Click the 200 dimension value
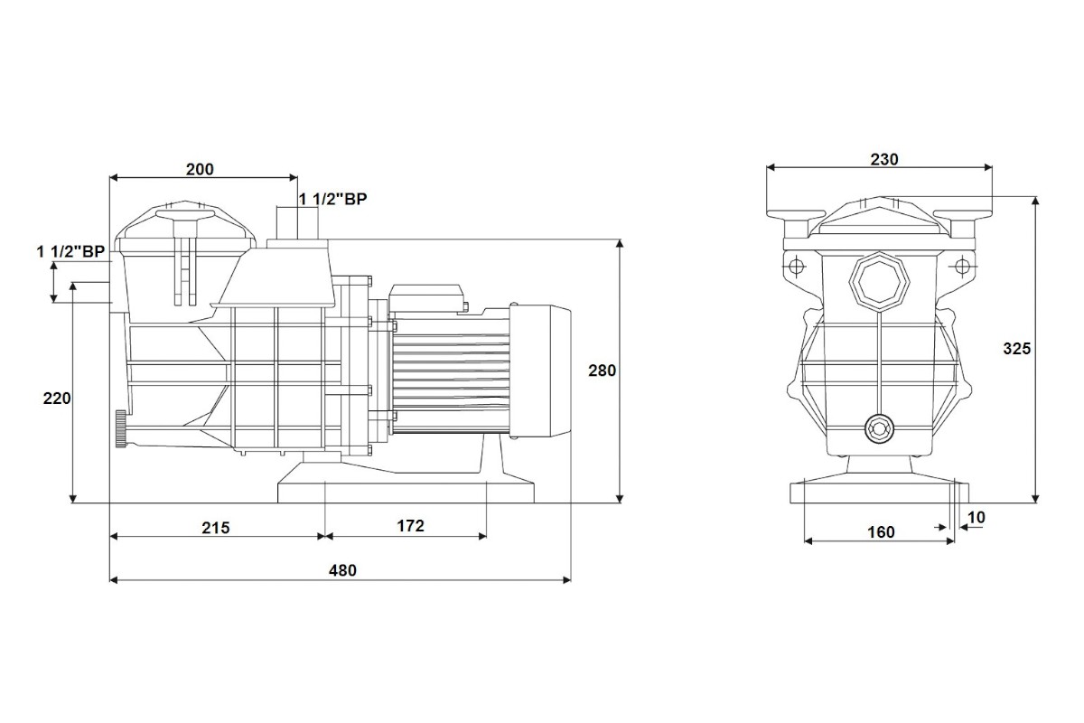pyautogui.click(x=200, y=170)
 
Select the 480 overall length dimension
pyautogui.click(x=342, y=570)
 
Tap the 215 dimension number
pyautogui.click(x=215, y=528)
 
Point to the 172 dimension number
pyautogui.click(x=410, y=526)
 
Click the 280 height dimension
pyautogui.click(x=602, y=371)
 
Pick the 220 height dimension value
pyautogui.click(x=57, y=399)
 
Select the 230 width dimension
pyautogui.click(x=884, y=159)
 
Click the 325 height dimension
pyautogui.click(x=1017, y=349)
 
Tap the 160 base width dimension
pyautogui.click(x=881, y=532)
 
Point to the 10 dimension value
pyautogui.click(x=977, y=518)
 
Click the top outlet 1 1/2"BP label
pyautogui.click(x=333, y=199)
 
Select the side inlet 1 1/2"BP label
pyautogui.click(x=70, y=251)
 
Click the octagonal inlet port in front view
pyautogui.click(x=879, y=282)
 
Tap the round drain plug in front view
pyautogui.click(x=879, y=428)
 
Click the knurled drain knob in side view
pyautogui.click(x=120, y=429)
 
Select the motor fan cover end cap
pyautogui.click(x=540, y=371)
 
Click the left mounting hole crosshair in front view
pyautogui.click(x=796, y=266)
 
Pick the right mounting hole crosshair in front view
pyautogui.click(x=962, y=266)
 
